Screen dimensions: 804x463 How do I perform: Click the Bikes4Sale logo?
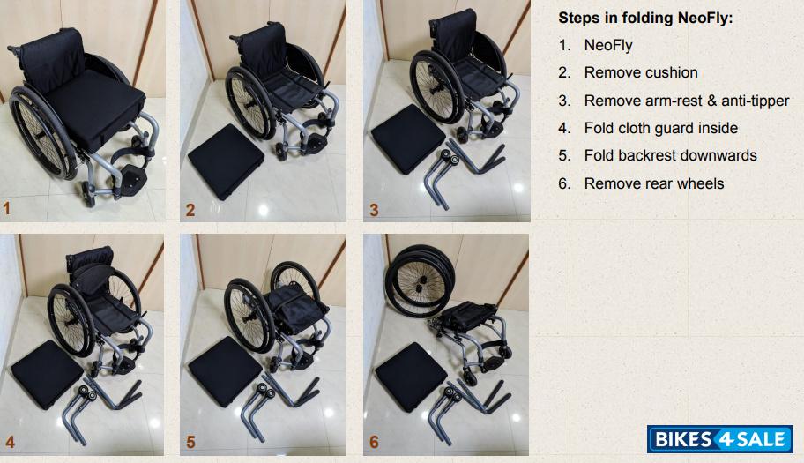pos(720,439)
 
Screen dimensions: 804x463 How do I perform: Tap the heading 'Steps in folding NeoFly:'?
pos(645,18)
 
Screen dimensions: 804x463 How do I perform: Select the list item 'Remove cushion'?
pos(641,73)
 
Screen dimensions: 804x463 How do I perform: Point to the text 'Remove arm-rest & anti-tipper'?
pos(687,101)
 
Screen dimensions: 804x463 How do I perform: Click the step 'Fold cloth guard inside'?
pos(661,128)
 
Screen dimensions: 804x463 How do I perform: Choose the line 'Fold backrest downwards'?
pos(670,155)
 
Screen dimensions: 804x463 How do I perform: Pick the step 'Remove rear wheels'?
pos(654,183)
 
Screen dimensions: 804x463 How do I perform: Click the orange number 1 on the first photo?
pos(7,208)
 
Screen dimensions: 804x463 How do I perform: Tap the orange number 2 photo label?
pos(190,210)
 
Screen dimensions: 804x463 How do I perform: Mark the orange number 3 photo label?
pos(374,210)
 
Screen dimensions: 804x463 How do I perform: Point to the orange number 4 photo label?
pos(10,442)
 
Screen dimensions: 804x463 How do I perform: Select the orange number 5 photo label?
pos(190,442)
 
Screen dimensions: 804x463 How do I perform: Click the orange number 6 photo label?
pos(374,442)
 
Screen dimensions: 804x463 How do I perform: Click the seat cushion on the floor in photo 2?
pos(226,161)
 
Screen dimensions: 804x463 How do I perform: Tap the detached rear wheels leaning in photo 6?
pos(420,280)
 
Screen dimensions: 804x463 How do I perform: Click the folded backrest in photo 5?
pos(296,308)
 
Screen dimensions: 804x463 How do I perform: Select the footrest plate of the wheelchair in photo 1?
pos(133,178)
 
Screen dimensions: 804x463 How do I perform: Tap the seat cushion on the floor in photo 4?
pos(47,374)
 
